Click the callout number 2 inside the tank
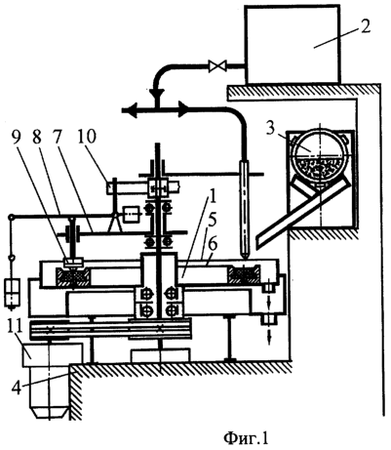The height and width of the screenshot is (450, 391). point(365,26)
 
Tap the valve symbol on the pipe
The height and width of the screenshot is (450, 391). point(215,66)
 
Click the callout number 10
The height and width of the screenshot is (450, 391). point(86,137)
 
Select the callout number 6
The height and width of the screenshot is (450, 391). point(213,245)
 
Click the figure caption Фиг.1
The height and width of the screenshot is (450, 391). point(246,437)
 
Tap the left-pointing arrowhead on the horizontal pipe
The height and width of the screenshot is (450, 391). point(129,110)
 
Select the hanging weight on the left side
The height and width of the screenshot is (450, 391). point(11,292)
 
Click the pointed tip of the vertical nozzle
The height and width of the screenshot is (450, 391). point(244,257)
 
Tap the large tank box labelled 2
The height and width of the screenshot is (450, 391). point(293,44)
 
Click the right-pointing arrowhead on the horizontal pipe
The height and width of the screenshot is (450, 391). point(183,110)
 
